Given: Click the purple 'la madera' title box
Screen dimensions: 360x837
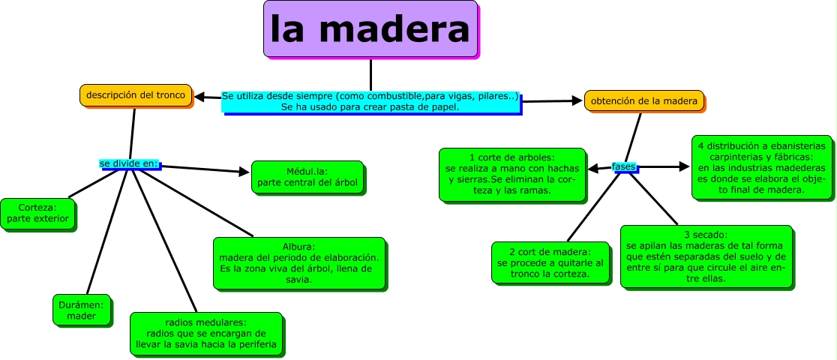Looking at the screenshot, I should [x=370, y=29].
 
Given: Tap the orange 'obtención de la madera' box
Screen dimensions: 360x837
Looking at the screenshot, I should [x=644, y=100].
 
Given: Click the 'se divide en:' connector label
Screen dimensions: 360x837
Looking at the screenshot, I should [x=129, y=163].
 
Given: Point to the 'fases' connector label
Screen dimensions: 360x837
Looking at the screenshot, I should [x=623, y=166].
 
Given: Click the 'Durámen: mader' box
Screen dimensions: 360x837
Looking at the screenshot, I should [x=82, y=309].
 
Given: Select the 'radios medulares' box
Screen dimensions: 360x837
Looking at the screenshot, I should [x=207, y=332].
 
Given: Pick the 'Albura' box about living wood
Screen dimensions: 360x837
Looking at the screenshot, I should [x=298, y=262].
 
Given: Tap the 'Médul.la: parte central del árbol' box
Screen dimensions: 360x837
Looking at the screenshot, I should [x=307, y=177].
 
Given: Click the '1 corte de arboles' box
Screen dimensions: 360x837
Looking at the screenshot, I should [x=511, y=174].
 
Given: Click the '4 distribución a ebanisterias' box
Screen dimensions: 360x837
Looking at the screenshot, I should [x=760, y=167].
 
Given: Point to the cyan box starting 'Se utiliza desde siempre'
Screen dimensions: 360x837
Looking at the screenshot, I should [x=370, y=101].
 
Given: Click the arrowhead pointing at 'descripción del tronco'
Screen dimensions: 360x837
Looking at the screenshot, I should [x=200, y=96].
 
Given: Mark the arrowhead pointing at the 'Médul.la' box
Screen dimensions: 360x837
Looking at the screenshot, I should [x=244, y=172].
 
